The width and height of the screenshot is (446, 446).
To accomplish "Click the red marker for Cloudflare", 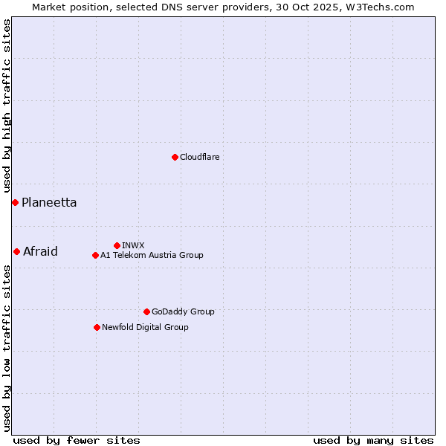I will coord(175,157).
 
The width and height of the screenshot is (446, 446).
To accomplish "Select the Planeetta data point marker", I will coord(15,202).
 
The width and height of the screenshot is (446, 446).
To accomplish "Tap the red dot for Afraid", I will coord(16,251).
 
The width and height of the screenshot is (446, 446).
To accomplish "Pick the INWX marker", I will coord(117,245).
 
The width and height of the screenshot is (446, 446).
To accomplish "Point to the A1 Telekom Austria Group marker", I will coord(95,255).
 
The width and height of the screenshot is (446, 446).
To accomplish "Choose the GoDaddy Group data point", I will coord(146,311).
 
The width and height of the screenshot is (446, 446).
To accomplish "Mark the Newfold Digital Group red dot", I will coord(97,327).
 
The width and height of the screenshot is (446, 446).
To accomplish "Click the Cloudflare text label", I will coord(199,157).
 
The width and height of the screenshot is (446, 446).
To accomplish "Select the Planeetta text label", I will coord(49,202).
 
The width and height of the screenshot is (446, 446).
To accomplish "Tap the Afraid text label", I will coord(40,251).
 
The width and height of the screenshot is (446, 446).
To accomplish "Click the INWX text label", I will coord(133,245).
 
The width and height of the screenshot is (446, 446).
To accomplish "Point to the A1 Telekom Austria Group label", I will coord(152,255).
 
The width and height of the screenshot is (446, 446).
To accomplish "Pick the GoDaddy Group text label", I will coord(183,311).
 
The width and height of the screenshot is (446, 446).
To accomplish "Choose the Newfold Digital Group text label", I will coord(145,327).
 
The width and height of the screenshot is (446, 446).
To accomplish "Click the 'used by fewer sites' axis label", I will coord(77,440).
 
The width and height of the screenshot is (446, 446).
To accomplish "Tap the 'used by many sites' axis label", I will coord(373,440).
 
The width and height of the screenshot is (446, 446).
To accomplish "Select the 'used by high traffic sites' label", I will coord(7,106).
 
